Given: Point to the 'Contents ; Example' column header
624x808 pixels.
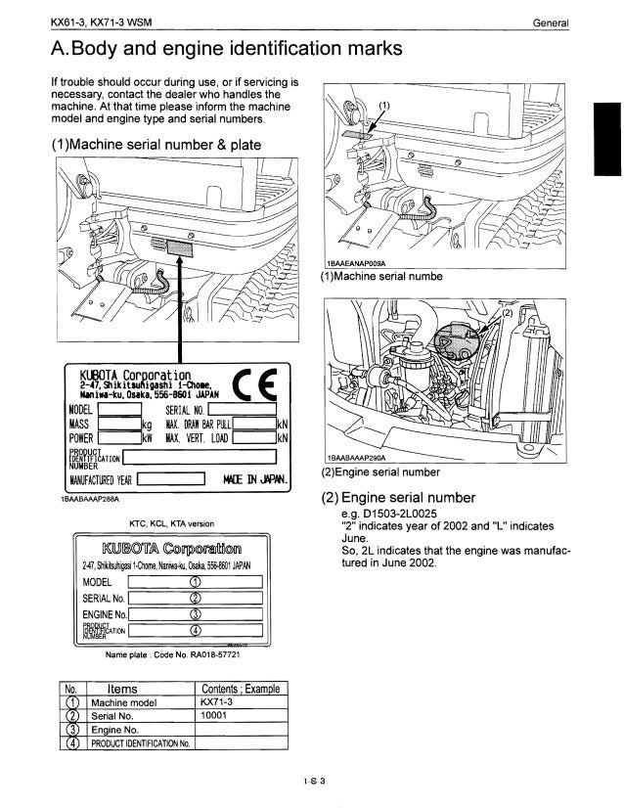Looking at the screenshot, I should coord(240,688).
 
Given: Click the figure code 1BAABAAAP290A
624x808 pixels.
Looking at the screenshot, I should coord(357,457).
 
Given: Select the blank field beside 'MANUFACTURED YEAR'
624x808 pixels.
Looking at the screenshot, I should coord(170,479).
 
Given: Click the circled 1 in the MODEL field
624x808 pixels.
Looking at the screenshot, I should coord(195,584).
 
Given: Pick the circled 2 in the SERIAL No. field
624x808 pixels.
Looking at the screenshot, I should coord(195,599).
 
